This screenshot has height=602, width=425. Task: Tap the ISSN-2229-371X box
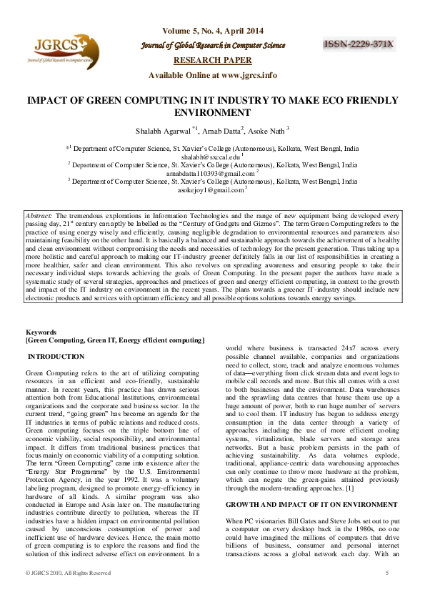359,44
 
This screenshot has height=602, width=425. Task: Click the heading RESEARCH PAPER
212,61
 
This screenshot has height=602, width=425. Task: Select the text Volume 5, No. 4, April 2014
212,31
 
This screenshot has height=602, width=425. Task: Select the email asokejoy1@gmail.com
212,191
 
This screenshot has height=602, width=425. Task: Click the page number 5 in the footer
386,573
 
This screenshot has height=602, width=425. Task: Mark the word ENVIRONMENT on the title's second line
212,112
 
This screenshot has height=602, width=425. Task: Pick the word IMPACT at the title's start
46,102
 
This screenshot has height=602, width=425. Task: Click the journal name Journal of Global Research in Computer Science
212,46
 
